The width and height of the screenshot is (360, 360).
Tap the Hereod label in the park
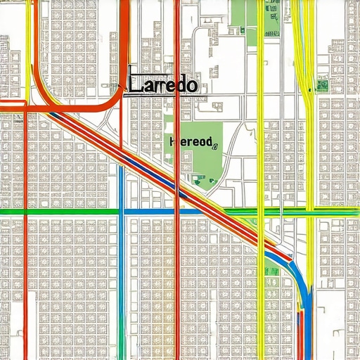coord(191,141)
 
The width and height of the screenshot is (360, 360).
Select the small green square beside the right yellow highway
coord(322,85)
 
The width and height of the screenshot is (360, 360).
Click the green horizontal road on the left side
coord(56,211)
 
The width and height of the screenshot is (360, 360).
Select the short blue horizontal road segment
coord(151,211)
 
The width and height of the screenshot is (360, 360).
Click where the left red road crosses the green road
coord(26,211)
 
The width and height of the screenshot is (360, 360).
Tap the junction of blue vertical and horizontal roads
coord(122,211)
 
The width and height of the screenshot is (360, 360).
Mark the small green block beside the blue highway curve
coord(271,271)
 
